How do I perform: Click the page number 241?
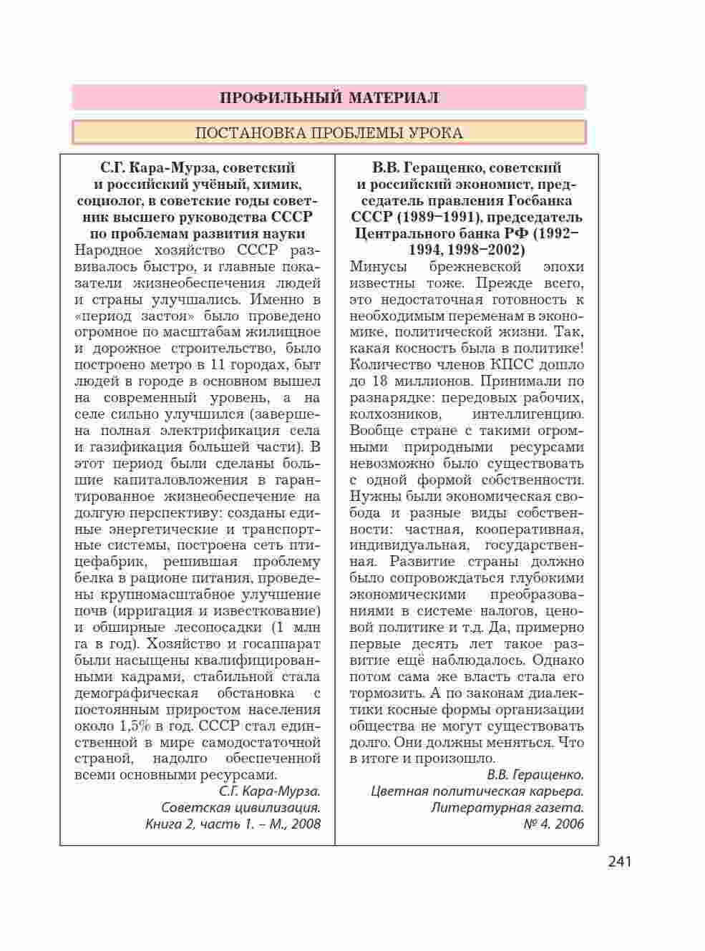[x=620, y=862]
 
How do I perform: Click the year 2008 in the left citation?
[x=306, y=824]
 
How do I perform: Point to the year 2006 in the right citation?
[x=567, y=824]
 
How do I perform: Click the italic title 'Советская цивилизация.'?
[x=240, y=807]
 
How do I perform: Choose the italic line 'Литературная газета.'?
[x=507, y=807]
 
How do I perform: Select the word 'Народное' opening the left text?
[x=108, y=250]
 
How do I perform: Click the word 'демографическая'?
[x=136, y=693]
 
